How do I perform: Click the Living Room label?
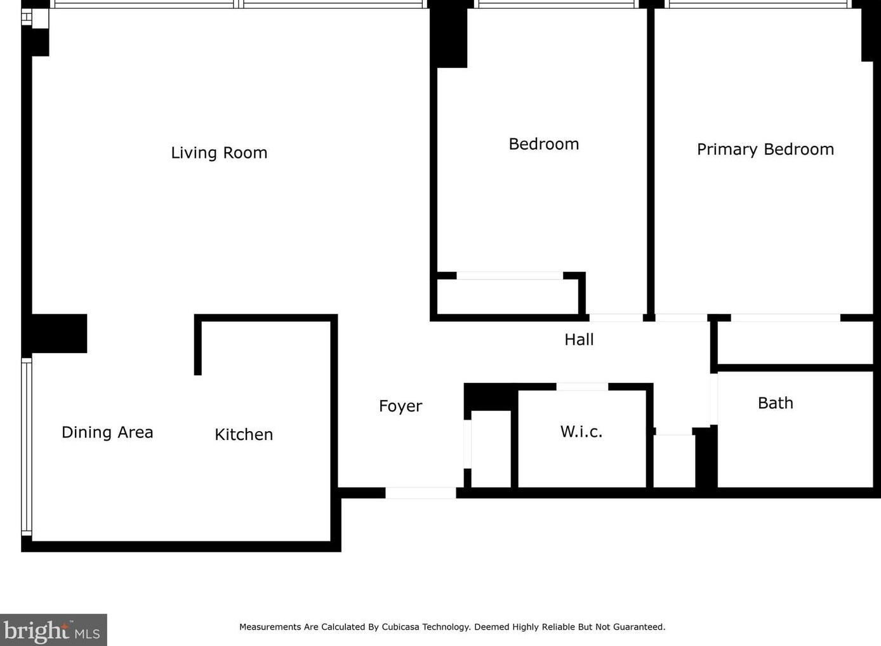point(219,153)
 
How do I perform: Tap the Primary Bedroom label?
point(765,150)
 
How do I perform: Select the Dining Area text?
point(107,432)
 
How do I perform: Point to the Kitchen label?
point(244,434)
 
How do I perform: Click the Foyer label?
point(400,406)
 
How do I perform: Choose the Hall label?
point(579,340)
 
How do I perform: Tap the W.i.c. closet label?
point(581,432)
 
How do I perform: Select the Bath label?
point(775,403)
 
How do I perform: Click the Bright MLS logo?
point(53,630)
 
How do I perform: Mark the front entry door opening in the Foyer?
point(420,493)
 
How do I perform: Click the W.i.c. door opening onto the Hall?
point(582,386)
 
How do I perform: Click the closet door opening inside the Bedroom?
point(509,276)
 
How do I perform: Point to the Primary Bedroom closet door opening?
point(785,318)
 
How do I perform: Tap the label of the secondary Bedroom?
point(543,145)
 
